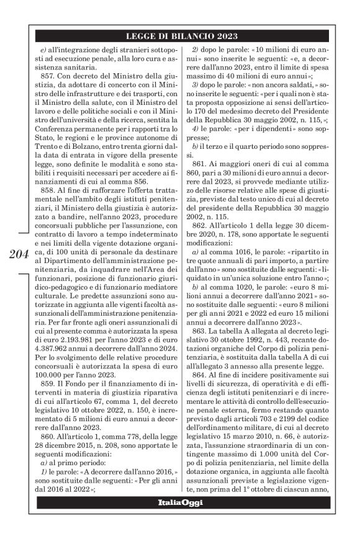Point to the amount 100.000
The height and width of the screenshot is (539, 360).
click(56, 375)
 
